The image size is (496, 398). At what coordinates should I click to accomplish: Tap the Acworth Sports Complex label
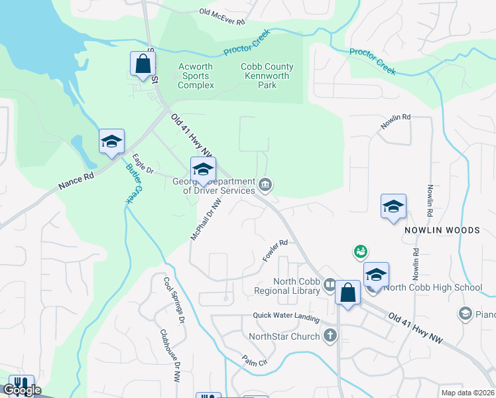coord(196,76)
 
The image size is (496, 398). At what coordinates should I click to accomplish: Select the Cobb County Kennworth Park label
coord(266,76)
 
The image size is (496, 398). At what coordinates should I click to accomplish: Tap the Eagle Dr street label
coord(143,165)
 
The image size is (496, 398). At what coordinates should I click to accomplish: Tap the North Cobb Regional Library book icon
coord(330,285)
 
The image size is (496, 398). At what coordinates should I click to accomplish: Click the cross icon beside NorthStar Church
coord(330,336)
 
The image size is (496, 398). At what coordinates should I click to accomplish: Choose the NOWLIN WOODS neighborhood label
coord(442,230)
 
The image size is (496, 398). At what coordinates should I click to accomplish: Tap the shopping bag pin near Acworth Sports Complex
coord(143,65)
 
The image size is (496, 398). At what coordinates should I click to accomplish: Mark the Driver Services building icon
coord(265,184)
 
